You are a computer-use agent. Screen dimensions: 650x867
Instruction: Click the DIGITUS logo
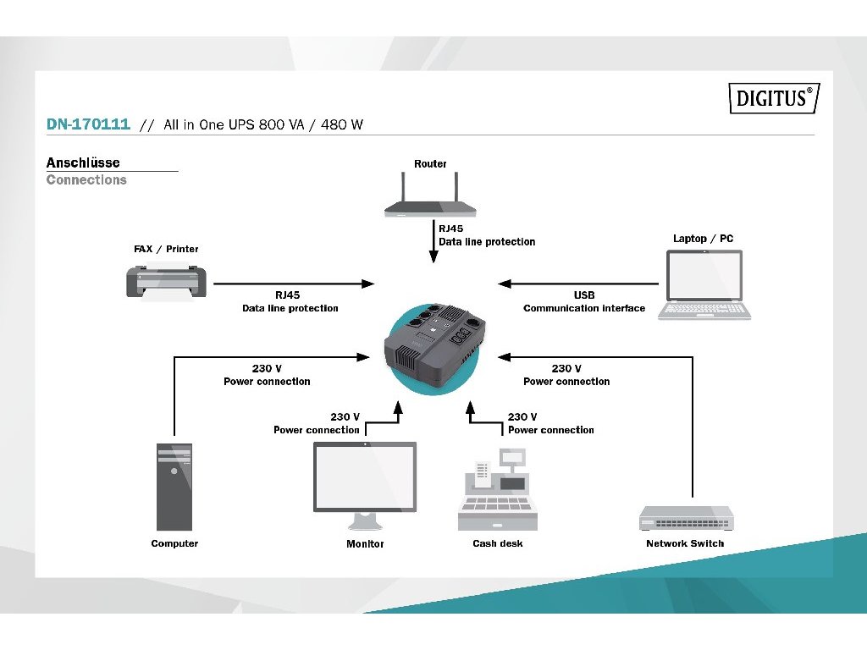point(774,98)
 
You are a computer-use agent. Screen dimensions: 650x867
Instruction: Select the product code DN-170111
point(88,124)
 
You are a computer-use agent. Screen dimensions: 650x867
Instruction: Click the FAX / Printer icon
point(167,283)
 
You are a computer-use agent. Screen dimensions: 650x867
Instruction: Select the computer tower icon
point(174,487)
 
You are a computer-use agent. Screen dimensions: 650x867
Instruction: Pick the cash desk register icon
point(498,491)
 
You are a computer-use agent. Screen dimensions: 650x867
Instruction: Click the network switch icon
point(686,518)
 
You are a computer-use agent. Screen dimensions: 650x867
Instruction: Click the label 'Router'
point(430,164)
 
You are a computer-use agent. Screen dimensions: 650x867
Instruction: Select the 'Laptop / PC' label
point(703,239)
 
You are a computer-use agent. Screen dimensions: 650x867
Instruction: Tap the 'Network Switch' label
point(685,543)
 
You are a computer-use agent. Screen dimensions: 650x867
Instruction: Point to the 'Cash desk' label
point(498,543)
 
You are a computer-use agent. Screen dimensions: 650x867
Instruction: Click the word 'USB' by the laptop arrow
point(584,295)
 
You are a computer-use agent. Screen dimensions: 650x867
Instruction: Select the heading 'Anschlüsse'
point(83,162)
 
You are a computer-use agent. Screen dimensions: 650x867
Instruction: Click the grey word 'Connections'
point(86,179)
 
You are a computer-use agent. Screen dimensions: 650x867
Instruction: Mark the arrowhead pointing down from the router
point(433,256)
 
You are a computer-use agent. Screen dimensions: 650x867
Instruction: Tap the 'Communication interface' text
point(584,308)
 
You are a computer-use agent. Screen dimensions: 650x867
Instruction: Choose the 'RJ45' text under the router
point(451,229)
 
